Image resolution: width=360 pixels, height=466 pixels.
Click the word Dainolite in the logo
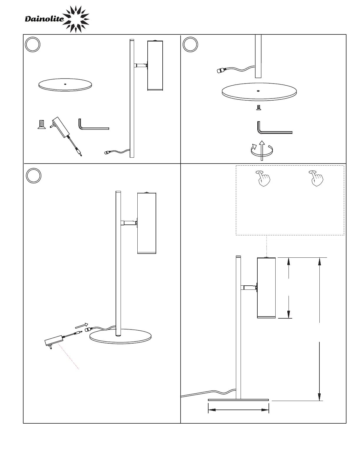pos(44,19)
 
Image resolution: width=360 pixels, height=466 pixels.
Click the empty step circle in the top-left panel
pos(33,45)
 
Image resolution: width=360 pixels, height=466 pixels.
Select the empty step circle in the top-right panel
pos(190,45)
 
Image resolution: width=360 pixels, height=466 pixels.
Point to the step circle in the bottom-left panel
pos(34,175)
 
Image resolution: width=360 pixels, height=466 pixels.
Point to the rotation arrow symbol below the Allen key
pos(261,150)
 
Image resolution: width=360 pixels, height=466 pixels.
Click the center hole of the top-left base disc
pos(65,83)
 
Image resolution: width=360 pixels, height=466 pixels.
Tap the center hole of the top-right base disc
pos(258,91)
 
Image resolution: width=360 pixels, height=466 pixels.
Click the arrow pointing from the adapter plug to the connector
pos(81,325)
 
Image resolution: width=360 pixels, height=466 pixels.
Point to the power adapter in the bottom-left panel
pos(54,341)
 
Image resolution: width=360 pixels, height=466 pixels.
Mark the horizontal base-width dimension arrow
pos(239,410)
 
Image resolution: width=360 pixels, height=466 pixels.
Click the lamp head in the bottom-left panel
pos(146,223)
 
